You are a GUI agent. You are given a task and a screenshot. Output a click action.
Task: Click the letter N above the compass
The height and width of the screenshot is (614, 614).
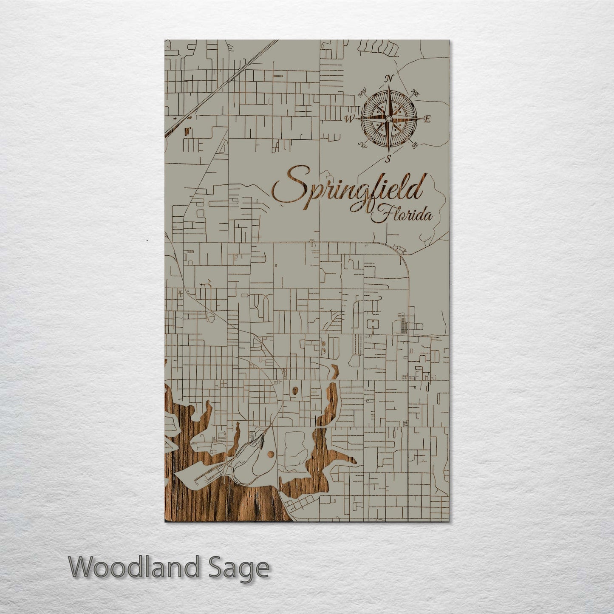click(x=388, y=79)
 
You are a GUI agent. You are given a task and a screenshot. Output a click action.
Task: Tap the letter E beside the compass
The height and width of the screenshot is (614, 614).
click(x=427, y=119)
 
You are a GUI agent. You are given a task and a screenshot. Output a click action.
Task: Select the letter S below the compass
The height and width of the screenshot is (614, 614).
click(x=388, y=159)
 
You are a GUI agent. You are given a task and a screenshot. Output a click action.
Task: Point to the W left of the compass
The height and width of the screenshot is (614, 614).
click(x=349, y=119)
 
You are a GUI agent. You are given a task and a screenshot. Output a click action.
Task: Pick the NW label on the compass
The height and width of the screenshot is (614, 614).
click(x=362, y=94)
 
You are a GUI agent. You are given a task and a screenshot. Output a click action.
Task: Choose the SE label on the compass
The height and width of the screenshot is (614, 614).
click(x=414, y=147)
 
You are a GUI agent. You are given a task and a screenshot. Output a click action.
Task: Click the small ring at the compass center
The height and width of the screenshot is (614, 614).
click(x=388, y=119)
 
